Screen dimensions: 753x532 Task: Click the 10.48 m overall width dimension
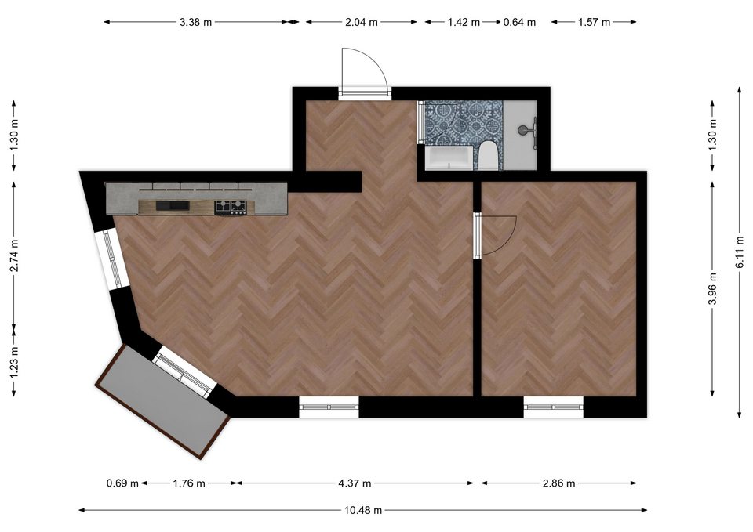pos(363,510)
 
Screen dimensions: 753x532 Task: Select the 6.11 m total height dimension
pos(740,253)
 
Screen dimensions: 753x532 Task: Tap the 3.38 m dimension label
pos(195,22)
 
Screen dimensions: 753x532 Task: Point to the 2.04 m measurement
pos(361,22)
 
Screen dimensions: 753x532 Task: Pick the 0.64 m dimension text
pos(519,22)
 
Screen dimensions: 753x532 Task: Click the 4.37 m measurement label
pos(355,483)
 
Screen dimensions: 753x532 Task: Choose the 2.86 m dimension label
pos(558,483)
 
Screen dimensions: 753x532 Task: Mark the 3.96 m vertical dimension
pos(713,288)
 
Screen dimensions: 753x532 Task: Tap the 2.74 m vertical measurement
pos(14,255)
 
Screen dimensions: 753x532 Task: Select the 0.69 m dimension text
pos(122,483)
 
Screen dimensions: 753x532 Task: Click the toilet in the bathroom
pos(487,156)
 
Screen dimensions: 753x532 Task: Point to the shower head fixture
pos(527,131)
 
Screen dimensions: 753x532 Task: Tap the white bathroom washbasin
pos(449,158)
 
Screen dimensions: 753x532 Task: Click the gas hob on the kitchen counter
pos(231,207)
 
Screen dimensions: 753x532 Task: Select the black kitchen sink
pos(173,206)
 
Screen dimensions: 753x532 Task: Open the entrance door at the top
pos(364,72)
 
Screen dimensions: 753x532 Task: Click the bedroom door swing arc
pos(509,240)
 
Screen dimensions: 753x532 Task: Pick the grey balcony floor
pos(163,400)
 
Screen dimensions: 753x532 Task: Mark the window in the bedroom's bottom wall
pos(553,407)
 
